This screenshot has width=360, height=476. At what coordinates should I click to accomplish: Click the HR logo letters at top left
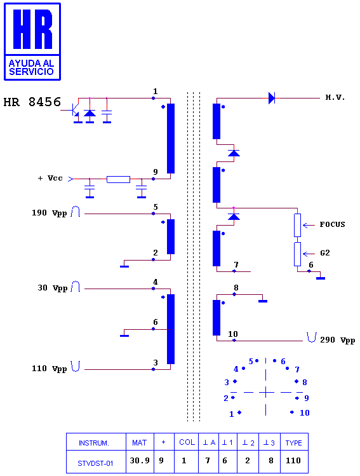33,29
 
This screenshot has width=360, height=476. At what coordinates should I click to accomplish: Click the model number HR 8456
32,102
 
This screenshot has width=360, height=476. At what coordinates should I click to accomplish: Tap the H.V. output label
335,97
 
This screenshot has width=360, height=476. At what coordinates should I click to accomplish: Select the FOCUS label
333,224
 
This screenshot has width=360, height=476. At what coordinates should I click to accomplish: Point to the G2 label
325,253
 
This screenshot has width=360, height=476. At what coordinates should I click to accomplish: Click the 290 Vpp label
338,340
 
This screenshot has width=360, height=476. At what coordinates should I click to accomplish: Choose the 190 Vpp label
49,213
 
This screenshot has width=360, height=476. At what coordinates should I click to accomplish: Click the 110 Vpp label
49,369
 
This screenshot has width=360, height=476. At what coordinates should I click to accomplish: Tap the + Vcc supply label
50,178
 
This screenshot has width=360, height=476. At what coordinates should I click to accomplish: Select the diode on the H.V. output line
272,98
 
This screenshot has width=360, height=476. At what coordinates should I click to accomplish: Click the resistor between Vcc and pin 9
118,179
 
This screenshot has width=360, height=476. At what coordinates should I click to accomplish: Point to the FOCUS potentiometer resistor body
298,225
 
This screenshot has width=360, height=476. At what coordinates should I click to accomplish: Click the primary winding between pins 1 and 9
171,139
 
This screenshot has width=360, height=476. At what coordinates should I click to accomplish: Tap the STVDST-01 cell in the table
95,463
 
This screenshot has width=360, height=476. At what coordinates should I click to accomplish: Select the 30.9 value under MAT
140,461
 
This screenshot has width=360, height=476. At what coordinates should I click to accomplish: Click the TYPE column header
293,443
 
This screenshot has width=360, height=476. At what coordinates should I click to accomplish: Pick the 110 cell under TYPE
293,461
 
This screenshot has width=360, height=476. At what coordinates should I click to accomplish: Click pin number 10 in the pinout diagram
305,413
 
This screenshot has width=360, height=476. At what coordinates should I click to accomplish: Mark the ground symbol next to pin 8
263,301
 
